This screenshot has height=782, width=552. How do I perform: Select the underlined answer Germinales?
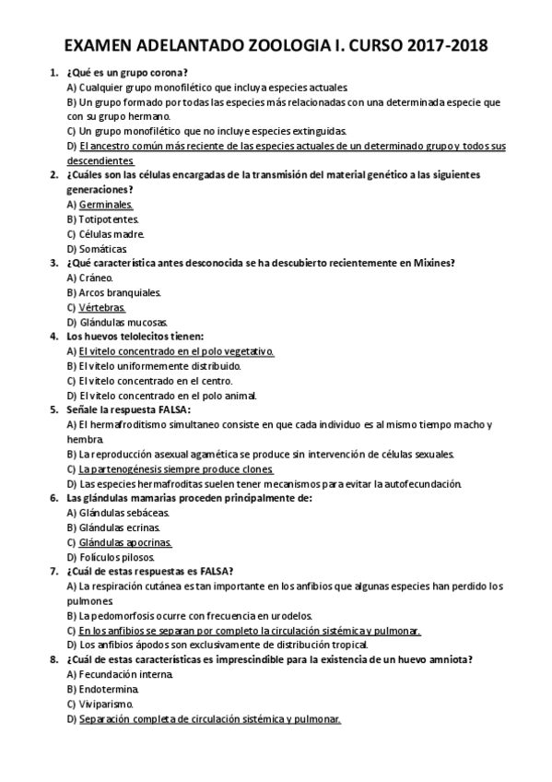[106, 204]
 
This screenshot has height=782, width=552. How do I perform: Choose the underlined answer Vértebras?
[102, 307]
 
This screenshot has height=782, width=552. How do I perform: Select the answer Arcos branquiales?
[114, 292]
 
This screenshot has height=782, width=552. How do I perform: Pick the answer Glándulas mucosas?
[117, 322]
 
